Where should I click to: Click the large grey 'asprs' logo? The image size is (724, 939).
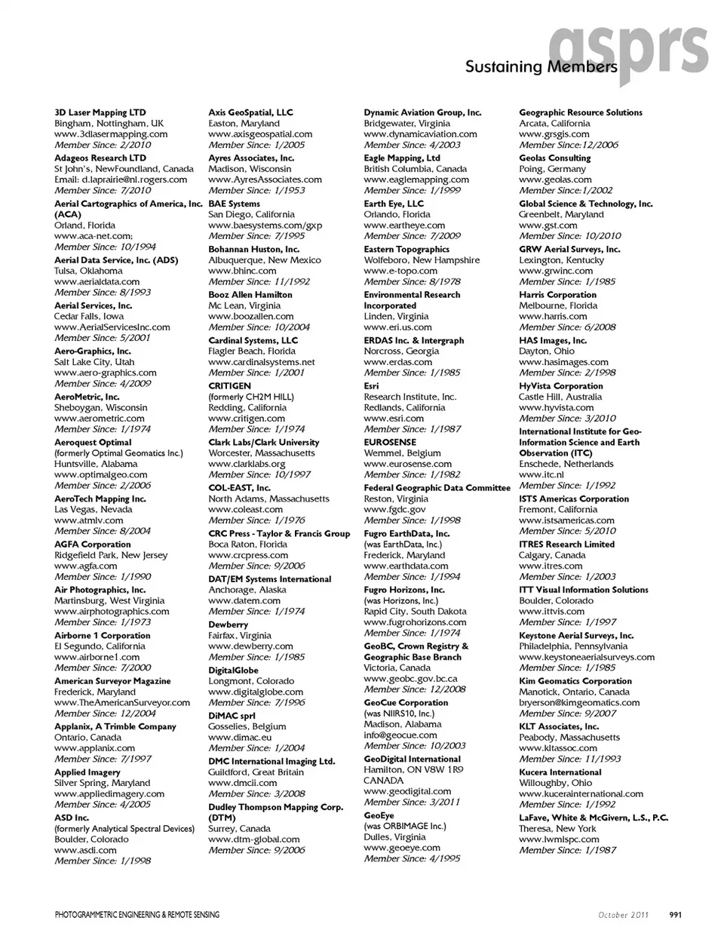630,47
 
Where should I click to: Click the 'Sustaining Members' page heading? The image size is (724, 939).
541,67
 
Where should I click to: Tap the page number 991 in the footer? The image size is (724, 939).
676,915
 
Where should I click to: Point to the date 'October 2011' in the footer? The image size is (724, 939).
624,915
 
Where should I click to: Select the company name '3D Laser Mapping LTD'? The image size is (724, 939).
100,112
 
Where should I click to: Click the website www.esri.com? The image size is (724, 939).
394,418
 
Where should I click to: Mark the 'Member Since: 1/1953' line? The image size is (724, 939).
256,190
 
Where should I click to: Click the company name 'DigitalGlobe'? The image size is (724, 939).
233,670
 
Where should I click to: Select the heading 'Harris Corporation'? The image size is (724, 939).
557,295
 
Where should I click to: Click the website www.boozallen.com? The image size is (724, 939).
251,317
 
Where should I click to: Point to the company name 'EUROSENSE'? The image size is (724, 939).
390,443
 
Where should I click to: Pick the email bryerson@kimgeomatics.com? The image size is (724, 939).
579,702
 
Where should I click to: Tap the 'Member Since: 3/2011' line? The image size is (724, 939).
412,802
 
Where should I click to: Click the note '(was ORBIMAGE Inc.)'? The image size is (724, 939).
404,826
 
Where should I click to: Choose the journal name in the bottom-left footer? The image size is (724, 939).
137,915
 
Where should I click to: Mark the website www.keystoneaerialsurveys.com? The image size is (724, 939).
587,657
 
